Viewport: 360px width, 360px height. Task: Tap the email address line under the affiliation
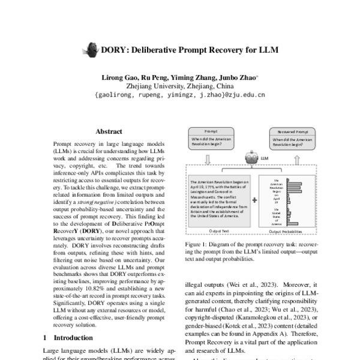pos(179,94)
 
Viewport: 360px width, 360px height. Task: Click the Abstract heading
pos(109,131)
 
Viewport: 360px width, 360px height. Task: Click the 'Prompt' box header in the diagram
pos(211,130)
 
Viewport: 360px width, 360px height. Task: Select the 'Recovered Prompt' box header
pos(292,130)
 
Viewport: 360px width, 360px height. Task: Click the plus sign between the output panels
pos(256,201)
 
